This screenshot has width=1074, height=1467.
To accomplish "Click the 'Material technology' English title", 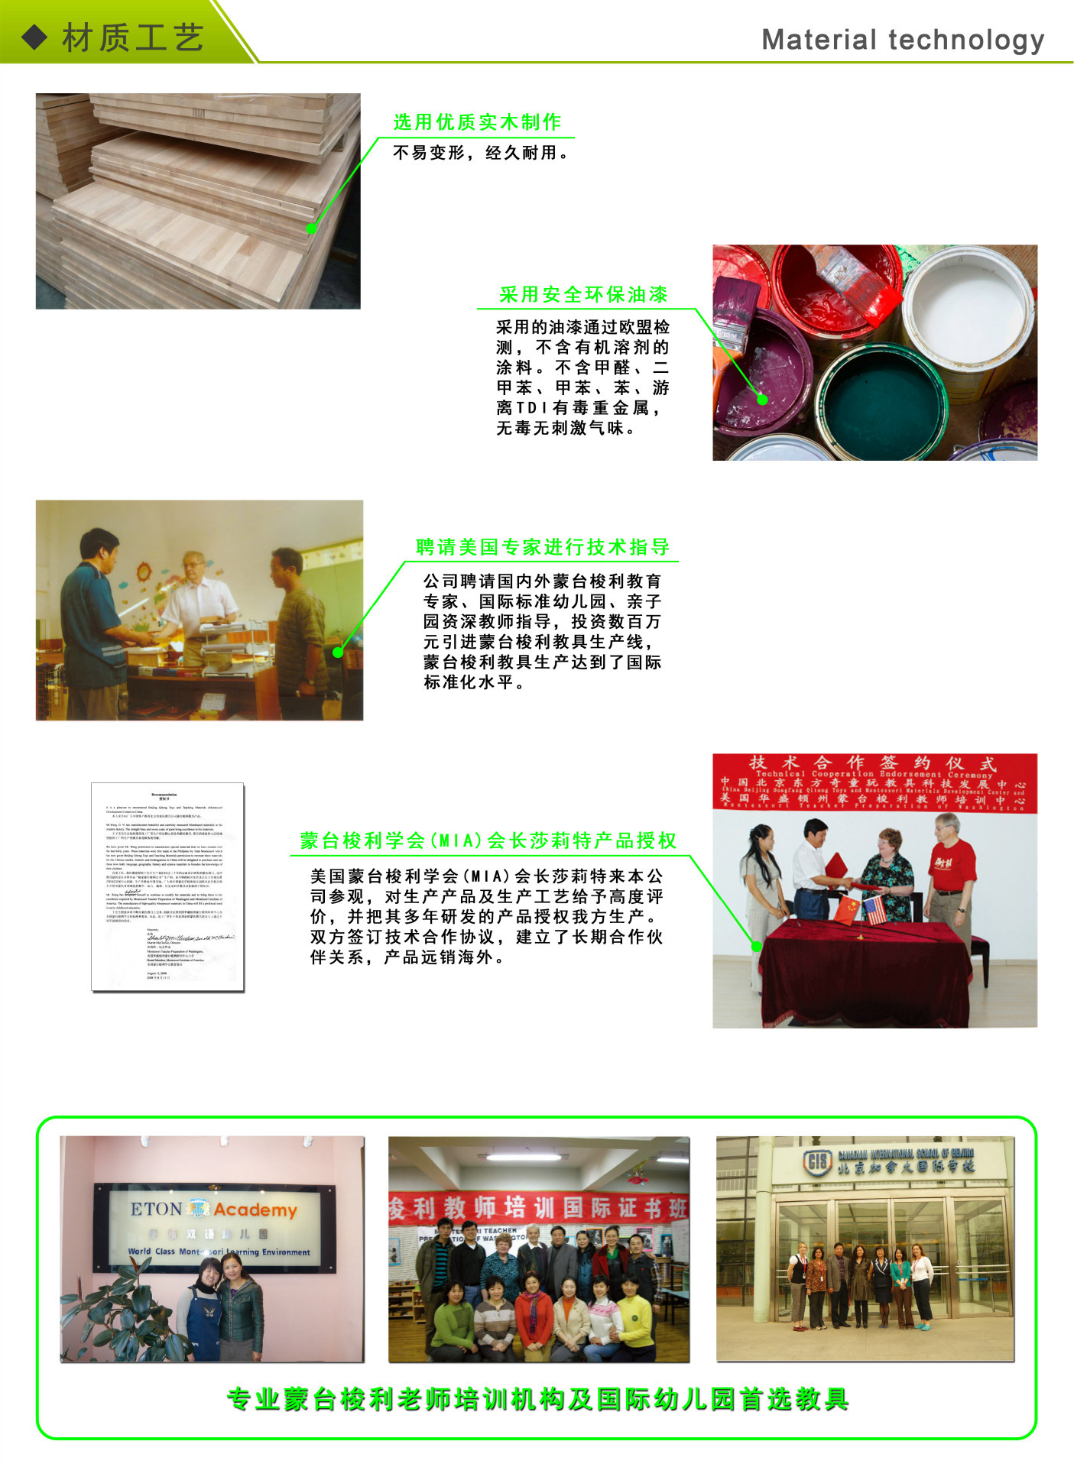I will point(903,40).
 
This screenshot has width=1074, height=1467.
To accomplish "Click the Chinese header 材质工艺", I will point(133,37).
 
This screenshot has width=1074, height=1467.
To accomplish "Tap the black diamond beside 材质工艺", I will point(34,37).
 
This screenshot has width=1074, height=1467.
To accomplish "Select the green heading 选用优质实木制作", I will point(477,122).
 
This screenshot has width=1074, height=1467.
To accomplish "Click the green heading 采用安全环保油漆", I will point(583,295).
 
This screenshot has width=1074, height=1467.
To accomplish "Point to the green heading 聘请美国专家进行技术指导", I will point(543,547).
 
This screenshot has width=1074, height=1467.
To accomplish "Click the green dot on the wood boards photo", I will point(312,228).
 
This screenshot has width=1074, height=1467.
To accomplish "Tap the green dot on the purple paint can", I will point(762,399).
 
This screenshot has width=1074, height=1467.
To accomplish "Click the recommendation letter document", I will point(167,886).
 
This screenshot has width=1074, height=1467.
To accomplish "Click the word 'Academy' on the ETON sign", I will point(255,1210).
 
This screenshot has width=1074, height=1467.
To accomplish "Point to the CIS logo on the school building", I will point(817,1161).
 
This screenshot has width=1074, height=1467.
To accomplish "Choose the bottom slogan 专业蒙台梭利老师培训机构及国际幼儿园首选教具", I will point(538,1399).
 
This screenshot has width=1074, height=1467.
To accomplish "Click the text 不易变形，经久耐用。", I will point(482,153).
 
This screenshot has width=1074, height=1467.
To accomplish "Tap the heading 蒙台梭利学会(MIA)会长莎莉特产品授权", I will point(488,841).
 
